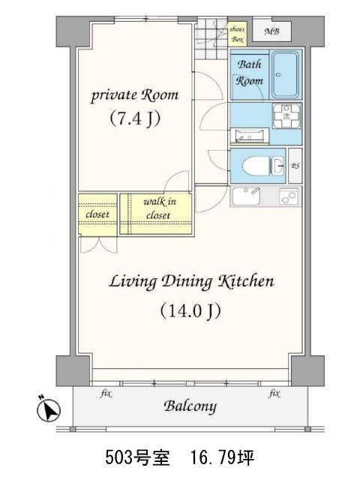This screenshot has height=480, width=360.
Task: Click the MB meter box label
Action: [271, 31]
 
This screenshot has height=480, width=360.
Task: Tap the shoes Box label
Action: [237, 34]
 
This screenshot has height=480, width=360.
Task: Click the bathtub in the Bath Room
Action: [285, 74]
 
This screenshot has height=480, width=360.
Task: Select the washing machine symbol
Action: [286, 115]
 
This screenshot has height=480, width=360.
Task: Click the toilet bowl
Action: [256, 166]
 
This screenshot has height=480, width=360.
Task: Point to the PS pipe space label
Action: [295, 166]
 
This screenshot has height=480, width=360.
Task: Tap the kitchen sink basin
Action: [246, 196]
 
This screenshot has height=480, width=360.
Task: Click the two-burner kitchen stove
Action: [288, 196]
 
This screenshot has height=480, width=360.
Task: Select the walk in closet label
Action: [159, 208]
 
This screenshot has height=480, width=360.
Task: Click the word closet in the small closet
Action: [97, 214]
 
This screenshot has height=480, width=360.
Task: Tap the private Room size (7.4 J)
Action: [135, 118]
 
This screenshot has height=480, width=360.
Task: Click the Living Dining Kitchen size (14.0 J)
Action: [190, 311]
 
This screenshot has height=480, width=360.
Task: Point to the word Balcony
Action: [190, 406]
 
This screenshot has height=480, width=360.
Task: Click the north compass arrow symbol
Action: [49, 409]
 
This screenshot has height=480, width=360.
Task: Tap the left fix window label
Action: [106, 393]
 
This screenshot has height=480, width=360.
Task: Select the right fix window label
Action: [274, 393]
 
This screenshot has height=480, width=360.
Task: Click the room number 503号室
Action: [137, 457]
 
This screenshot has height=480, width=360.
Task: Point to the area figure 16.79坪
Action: [222, 457]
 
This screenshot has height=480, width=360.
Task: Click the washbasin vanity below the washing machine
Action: [250, 136]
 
